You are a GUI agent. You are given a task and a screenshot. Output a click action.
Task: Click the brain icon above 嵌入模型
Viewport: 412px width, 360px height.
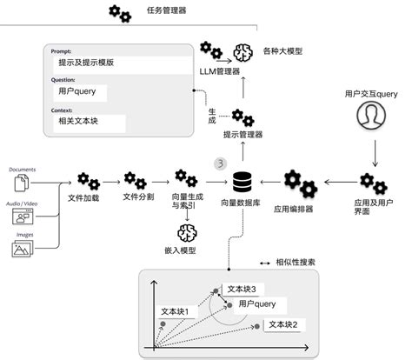[185, 232]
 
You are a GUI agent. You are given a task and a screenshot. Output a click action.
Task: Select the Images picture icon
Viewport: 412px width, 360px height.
[23, 250]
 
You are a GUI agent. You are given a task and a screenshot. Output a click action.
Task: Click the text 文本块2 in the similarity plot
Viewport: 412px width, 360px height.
[283, 323]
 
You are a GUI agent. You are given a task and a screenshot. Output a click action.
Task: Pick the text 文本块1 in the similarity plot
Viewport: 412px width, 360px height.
[180, 310]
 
